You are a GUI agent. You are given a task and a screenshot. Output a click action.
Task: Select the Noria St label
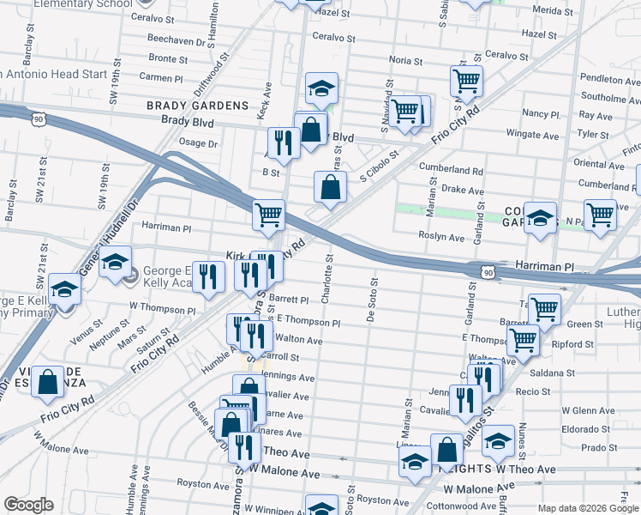(405, 61)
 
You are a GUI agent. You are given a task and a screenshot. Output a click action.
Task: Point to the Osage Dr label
(198, 142)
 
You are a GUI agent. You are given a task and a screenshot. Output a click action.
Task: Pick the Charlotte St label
(326, 277)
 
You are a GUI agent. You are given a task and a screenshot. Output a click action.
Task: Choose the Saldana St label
(551, 373)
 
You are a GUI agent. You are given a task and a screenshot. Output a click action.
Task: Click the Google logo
(28, 505)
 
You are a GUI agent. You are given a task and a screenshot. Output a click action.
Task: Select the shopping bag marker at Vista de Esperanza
(48, 383)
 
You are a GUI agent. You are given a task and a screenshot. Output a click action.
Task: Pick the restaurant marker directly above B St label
(283, 142)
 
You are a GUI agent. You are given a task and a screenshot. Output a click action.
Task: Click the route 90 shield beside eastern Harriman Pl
(487, 272)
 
